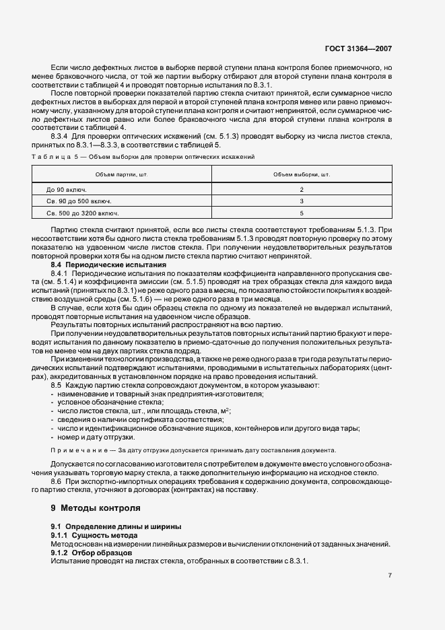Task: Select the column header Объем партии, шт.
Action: [x=122, y=174]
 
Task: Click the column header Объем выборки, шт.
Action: [x=302, y=174]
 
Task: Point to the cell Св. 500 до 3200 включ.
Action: [x=78, y=213]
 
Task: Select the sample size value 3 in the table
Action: [x=302, y=201]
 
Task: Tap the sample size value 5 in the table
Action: [x=302, y=213]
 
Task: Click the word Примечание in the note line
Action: [x=78, y=450]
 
